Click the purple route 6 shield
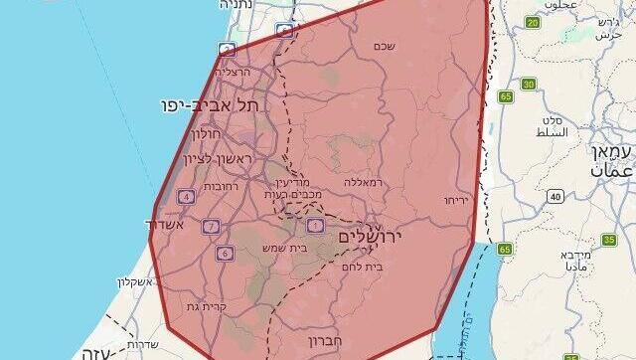226,254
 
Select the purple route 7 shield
211,227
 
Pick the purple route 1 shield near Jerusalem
316,226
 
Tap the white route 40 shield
554,195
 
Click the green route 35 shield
609,240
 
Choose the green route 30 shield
529,84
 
